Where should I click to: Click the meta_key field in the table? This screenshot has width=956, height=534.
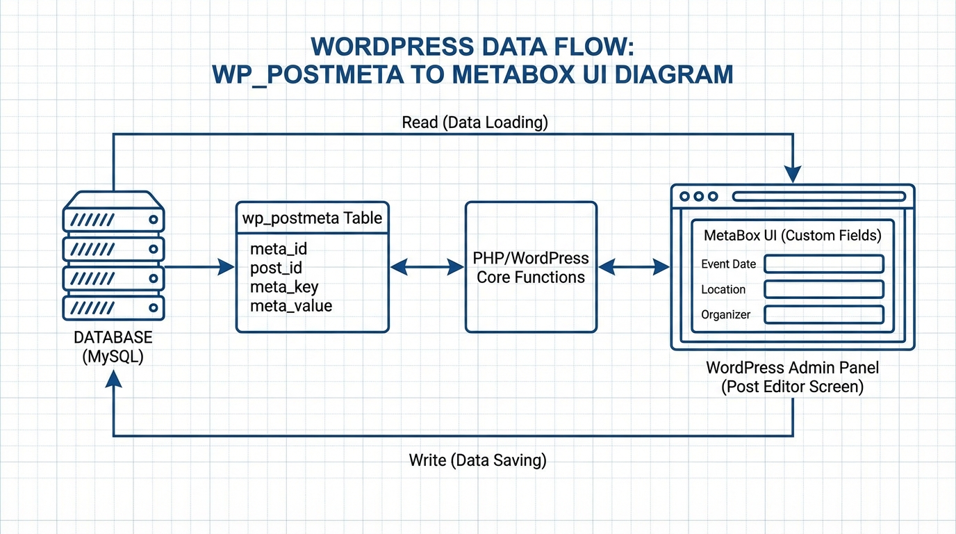pos(284,287)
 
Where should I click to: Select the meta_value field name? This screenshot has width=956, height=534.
pos(291,306)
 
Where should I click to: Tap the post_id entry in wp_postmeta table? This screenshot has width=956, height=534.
pos(276,268)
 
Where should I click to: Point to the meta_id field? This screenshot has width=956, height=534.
pos(279,249)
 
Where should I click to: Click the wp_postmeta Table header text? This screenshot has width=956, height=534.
pos(312,218)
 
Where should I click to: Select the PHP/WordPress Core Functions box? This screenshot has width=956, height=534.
pos(531,267)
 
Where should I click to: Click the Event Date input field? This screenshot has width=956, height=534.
pos(823,264)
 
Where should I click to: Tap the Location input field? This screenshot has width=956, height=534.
pos(823,289)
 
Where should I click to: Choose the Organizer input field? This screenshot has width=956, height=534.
pos(823,314)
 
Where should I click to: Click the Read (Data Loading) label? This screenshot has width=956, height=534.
pos(475,123)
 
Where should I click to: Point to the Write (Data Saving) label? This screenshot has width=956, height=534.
pos(477,460)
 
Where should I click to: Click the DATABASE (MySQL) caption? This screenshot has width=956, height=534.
pos(113,347)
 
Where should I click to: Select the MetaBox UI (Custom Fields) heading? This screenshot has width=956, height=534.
pos(792,235)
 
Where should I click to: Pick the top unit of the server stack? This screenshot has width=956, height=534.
pos(113,220)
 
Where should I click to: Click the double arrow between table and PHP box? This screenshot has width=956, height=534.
pos(427,266)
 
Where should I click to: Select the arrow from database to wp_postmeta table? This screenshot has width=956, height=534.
pos(200,266)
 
